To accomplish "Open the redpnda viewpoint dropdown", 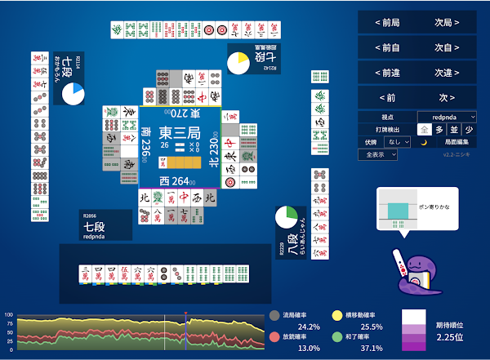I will coord(447,117).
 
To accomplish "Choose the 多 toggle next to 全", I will coord(439,129).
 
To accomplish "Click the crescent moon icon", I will coord(424,141).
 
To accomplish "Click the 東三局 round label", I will coord(179,133).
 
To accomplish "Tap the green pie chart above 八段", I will coord(286,218).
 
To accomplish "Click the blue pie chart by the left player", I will coord(73,94).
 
